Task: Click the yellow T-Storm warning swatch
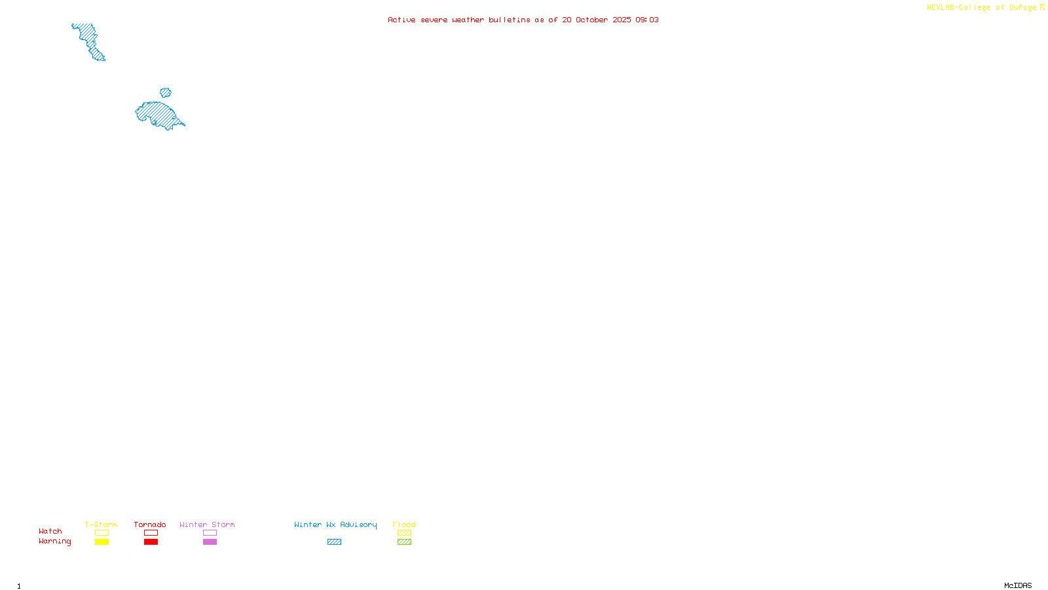(102, 542)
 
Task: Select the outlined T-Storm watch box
(102, 533)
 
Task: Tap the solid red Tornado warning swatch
(151, 542)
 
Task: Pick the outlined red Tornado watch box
(151, 533)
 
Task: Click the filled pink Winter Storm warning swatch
(210, 542)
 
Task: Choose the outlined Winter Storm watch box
(210, 533)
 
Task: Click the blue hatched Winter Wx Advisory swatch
(334, 542)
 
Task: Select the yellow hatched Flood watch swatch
(404, 533)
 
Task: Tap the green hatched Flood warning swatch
(404, 542)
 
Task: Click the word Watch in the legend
(50, 532)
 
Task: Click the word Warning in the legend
(54, 541)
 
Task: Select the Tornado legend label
(150, 524)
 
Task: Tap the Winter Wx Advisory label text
(335, 524)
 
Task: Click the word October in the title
(591, 20)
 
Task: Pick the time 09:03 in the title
(647, 20)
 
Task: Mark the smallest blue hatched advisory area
(166, 92)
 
